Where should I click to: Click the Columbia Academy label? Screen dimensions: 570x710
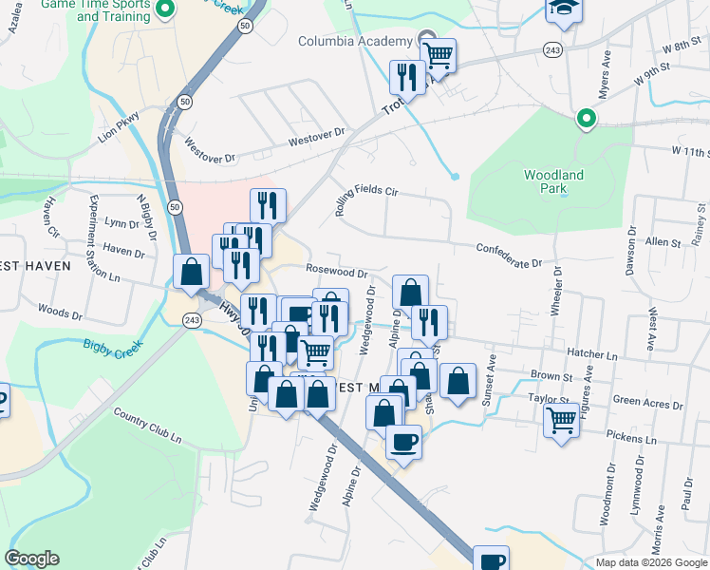point(354,41)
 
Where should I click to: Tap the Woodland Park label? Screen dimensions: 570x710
point(553,181)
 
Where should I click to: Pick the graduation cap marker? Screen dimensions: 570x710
point(560,9)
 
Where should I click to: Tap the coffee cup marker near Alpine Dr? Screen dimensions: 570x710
point(403,442)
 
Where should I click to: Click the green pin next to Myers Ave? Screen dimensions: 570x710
point(587,119)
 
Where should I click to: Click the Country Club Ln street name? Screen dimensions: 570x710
point(147,426)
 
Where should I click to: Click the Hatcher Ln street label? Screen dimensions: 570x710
point(591,353)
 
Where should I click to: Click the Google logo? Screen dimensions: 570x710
point(31,559)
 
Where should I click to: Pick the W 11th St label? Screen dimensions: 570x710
point(689,151)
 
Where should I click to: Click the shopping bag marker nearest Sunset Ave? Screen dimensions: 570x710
point(458,381)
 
